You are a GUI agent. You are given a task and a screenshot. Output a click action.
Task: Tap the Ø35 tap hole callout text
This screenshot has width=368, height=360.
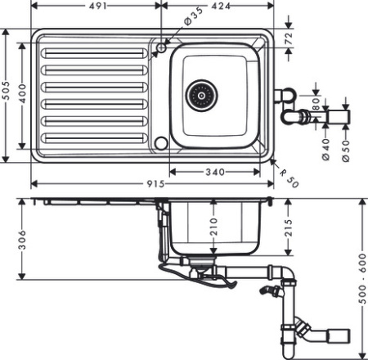click(193, 16)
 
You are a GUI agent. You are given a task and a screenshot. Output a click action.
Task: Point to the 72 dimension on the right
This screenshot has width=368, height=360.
click(288, 38)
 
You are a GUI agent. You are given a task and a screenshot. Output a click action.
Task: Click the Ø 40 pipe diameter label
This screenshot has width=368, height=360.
click(325, 148)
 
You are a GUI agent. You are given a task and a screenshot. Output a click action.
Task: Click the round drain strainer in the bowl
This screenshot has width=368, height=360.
click(199, 96)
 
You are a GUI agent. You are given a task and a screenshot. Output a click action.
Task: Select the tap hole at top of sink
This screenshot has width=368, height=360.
click(161, 48)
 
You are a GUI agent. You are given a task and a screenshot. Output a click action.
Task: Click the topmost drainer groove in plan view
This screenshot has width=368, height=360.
click(93, 52)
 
